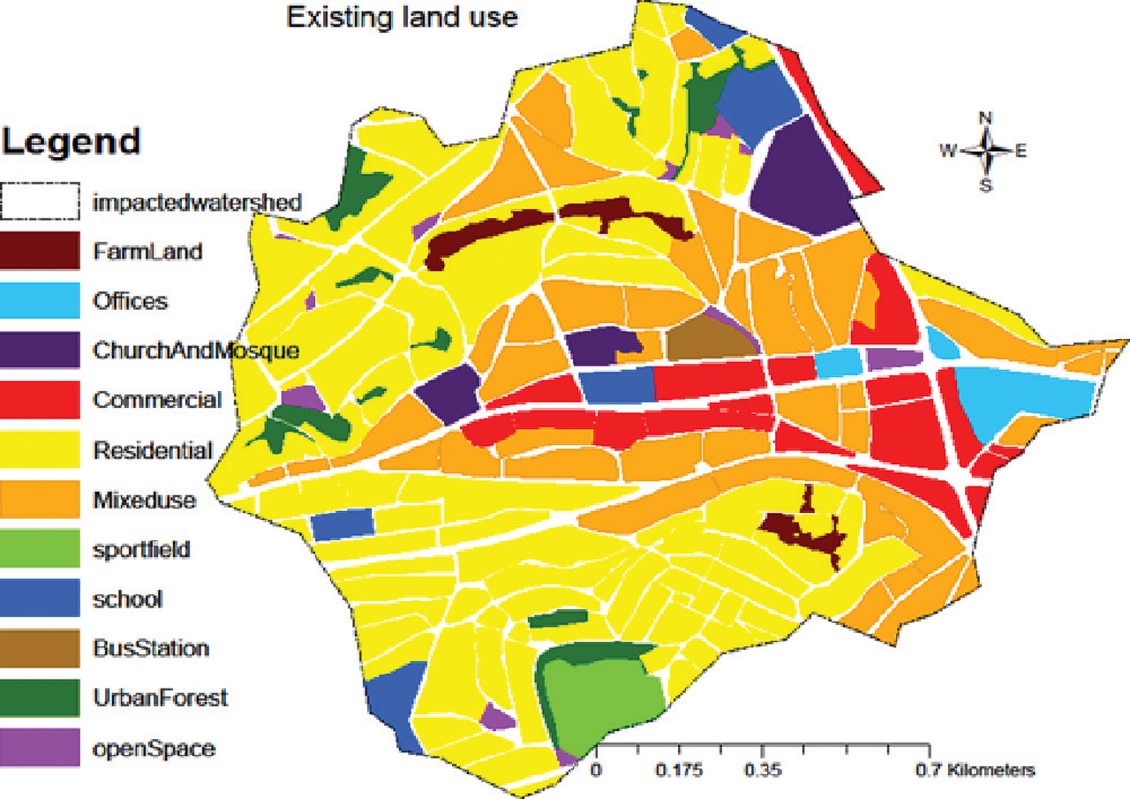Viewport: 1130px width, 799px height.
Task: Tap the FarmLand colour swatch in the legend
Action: (x=40, y=252)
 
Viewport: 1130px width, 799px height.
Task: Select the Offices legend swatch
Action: (x=40, y=301)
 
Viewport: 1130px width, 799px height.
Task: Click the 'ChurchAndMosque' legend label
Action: (x=196, y=351)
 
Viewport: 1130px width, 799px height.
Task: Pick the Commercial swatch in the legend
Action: (x=40, y=400)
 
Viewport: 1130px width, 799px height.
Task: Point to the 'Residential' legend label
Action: (x=153, y=451)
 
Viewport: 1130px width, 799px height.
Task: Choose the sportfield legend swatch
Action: (x=40, y=549)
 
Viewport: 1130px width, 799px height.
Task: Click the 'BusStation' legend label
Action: (x=151, y=649)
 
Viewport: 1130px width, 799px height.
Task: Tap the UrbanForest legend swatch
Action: (x=40, y=697)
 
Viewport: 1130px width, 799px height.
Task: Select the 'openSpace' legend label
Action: (x=154, y=749)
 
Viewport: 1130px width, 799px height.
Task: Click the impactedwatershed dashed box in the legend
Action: (x=40, y=202)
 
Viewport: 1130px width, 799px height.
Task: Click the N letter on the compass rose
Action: (x=986, y=117)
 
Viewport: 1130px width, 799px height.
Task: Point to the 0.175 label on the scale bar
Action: (x=679, y=770)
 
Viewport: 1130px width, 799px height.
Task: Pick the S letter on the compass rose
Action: (x=986, y=185)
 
